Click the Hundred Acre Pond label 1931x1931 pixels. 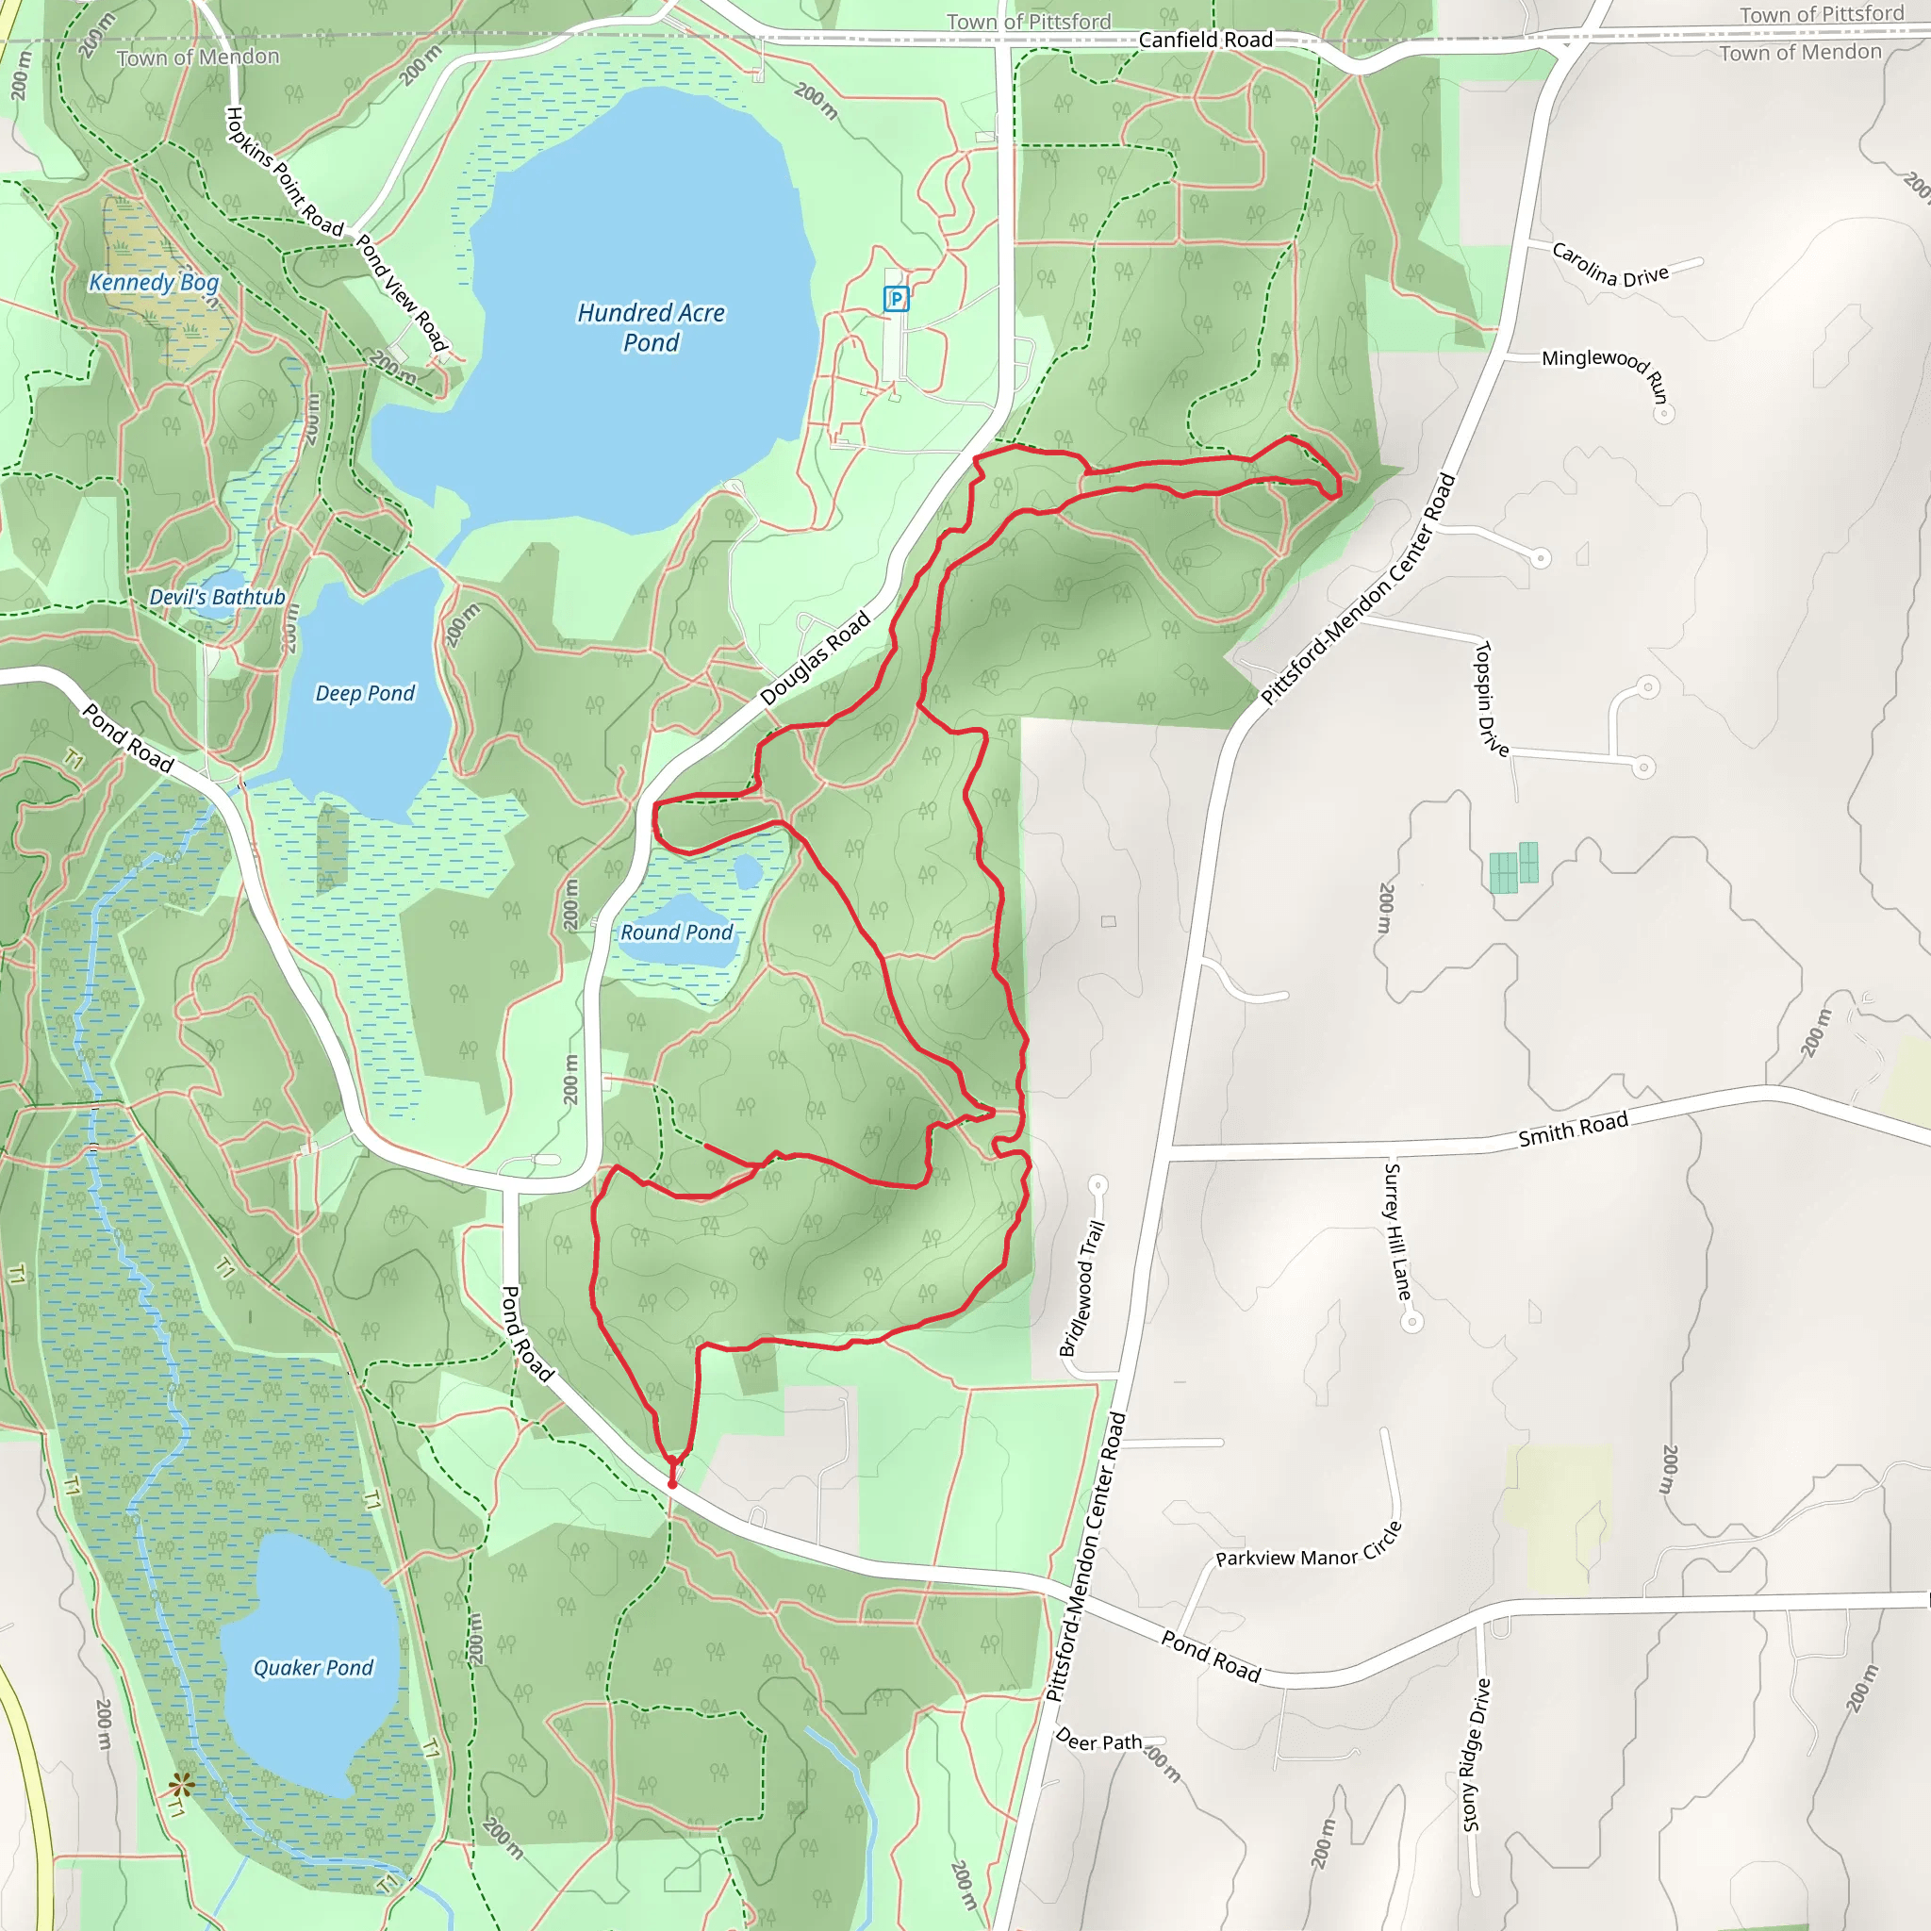click(651, 328)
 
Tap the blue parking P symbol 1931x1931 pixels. click(896, 299)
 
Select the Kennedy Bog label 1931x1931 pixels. click(154, 283)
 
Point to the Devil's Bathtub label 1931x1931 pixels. click(217, 597)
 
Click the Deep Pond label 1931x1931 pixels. click(365, 694)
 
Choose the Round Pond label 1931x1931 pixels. click(677, 932)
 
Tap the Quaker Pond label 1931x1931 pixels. click(313, 1667)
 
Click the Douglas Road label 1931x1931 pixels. click(816, 659)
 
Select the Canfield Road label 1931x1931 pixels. click(1205, 40)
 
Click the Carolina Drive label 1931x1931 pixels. click(1609, 265)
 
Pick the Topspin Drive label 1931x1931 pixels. click(1492, 698)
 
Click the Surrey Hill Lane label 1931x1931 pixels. click(1397, 1231)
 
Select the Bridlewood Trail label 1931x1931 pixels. click(1082, 1287)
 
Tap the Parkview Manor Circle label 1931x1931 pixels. click(1309, 1548)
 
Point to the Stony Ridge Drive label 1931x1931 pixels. click(1477, 1755)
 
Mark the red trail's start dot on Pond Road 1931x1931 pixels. click(671, 1484)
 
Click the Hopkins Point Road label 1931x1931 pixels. click(284, 171)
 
